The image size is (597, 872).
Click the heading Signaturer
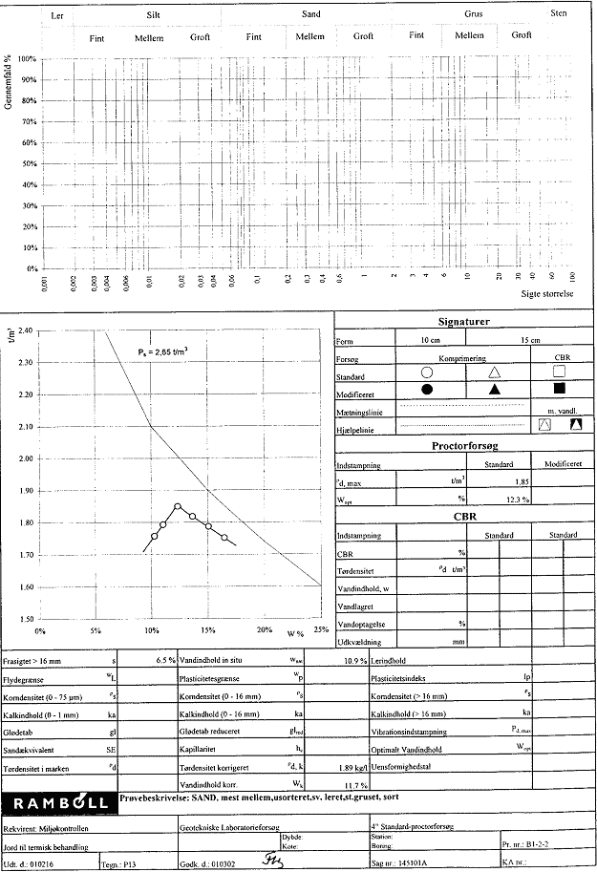coord(464,322)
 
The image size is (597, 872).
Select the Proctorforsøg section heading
coord(464,445)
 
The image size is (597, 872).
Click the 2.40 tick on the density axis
coord(26,330)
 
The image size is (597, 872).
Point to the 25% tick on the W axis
coord(320,630)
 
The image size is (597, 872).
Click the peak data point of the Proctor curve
coord(178,506)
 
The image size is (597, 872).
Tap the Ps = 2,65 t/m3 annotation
coord(161,351)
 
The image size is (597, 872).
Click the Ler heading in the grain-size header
coord(56,17)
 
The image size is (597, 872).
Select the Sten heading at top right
coord(559,14)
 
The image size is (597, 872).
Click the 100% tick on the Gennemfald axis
coord(27,59)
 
